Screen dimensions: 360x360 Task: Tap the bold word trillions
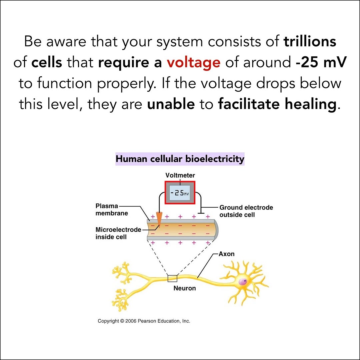pos(310,42)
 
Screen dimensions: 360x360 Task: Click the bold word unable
pos(171,104)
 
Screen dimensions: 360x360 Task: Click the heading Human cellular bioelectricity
pos(180,159)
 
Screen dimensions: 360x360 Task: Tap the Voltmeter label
pos(180,175)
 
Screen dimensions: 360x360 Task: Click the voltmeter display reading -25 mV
pos(180,193)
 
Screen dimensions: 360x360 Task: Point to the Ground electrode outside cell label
pos(246,211)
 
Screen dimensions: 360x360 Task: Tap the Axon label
pos(226,254)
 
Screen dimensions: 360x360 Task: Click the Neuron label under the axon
pos(184,288)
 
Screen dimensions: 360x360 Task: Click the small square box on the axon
pos(172,278)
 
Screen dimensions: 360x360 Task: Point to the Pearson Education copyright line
pos(144,321)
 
